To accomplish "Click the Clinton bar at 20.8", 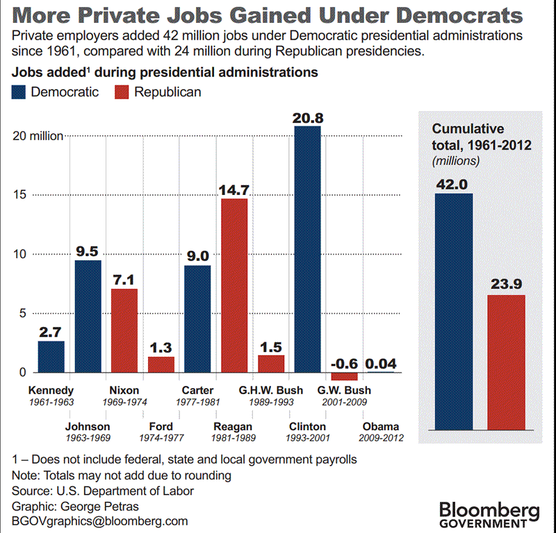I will pos(308,249).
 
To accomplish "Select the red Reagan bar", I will pos(234,285).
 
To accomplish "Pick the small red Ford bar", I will pos(161,364).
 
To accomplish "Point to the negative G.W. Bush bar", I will pos(344,376).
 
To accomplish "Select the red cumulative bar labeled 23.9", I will pos(507,362).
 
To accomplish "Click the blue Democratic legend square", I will pos(20,92).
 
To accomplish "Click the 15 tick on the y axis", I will pos(20,195).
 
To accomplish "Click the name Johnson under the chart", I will pos(87,426).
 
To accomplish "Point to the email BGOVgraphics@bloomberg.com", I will pos(100,521).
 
